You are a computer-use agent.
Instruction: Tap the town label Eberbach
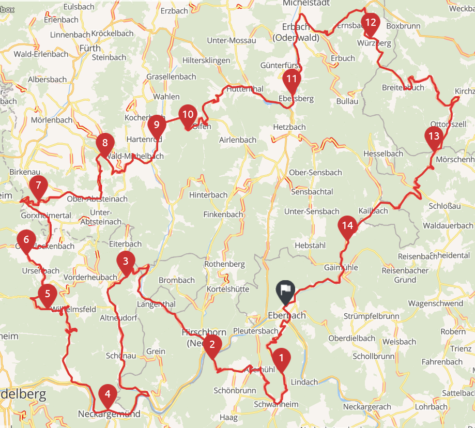[287, 315]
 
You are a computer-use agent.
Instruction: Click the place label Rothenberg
[224, 264]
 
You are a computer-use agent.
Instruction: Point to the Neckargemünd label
[109, 414]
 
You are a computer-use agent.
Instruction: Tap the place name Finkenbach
[223, 214]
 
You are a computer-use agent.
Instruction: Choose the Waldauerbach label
[448, 225]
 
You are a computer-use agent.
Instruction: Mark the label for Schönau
[121, 356]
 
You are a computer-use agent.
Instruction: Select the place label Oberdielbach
[351, 338]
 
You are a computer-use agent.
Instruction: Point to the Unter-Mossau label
[231, 40]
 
